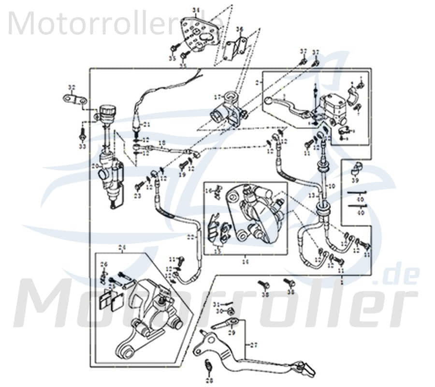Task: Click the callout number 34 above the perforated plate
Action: pyautogui.click(x=195, y=10)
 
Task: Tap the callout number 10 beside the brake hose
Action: pyautogui.click(x=331, y=186)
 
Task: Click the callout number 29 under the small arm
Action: pyautogui.click(x=231, y=333)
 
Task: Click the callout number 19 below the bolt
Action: pyautogui.click(x=183, y=174)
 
